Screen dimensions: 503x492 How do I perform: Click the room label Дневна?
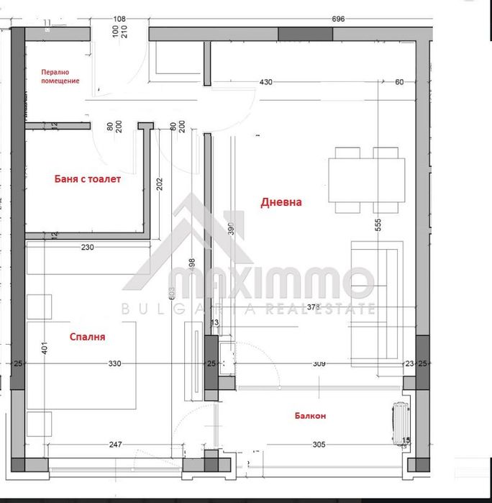[x=281, y=202]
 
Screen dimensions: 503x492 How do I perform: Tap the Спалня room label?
[x=88, y=336]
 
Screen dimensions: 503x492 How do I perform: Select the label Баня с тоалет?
[x=88, y=179]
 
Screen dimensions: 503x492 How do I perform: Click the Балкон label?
[x=310, y=416]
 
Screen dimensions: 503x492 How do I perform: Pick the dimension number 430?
[x=266, y=82]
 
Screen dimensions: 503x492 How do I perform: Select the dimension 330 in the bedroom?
[x=115, y=364]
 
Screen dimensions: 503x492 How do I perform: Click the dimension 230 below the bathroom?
[x=88, y=248]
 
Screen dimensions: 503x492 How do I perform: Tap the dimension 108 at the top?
[x=120, y=19]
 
